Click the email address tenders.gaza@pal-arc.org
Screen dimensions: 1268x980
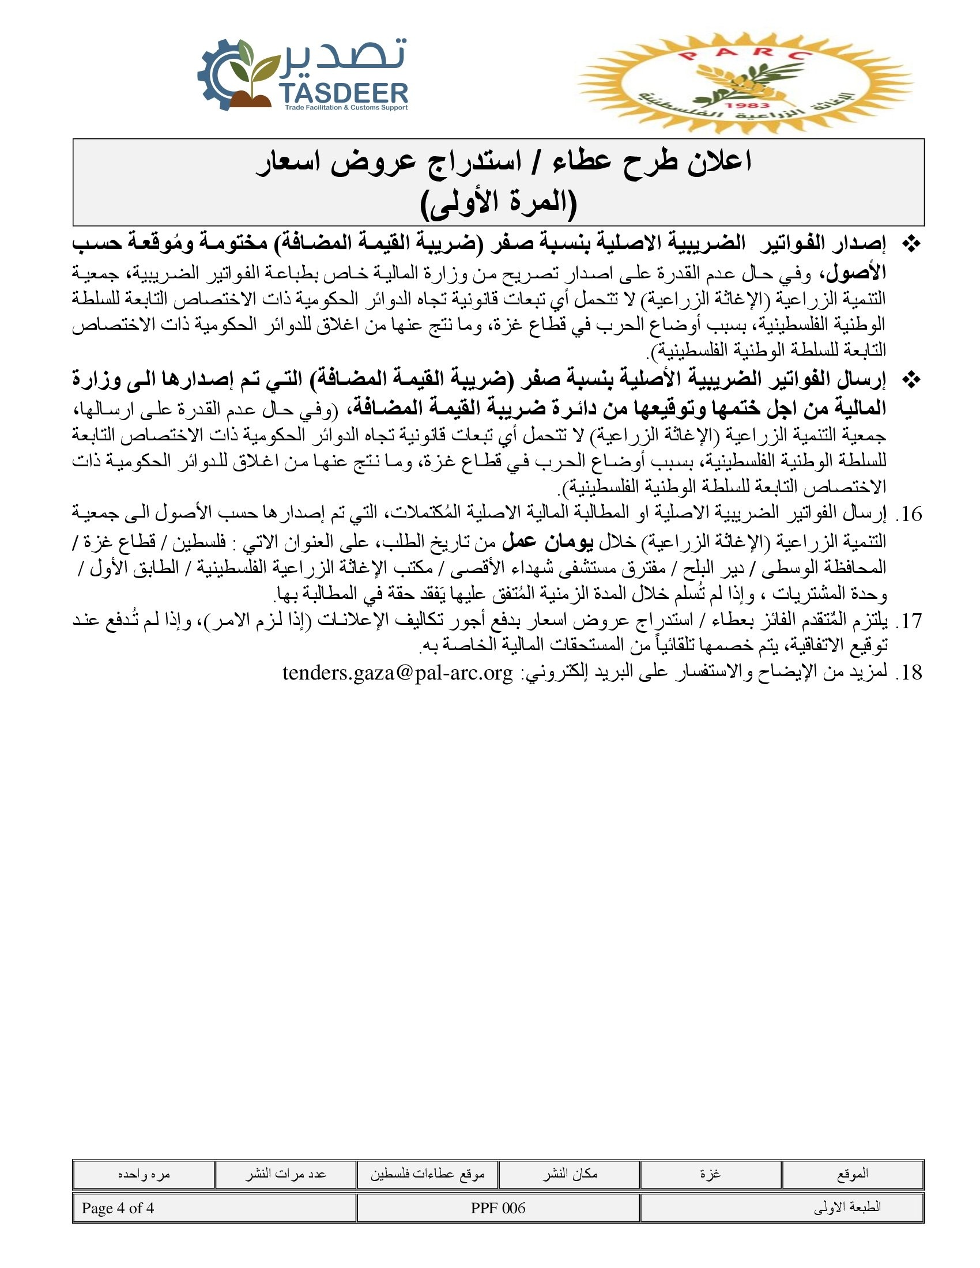pyautogui.click(x=398, y=672)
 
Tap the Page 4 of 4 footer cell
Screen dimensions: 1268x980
pyautogui.click(x=214, y=1208)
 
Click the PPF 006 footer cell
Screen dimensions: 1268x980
pyautogui.click(x=498, y=1208)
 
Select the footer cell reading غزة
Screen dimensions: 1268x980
pyautogui.click(x=711, y=1174)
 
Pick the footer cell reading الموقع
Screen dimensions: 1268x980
pyautogui.click(x=852, y=1174)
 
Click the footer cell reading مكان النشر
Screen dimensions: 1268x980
pyautogui.click(x=570, y=1174)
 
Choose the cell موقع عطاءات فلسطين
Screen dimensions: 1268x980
pyautogui.click(x=427, y=1174)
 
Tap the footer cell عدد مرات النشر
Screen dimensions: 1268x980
pyautogui.click(x=285, y=1174)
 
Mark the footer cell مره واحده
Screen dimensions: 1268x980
pyautogui.click(x=144, y=1174)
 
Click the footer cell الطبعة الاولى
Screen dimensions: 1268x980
pyautogui.click(x=782, y=1208)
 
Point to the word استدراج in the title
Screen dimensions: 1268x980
pyautogui.click(x=473, y=161)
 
